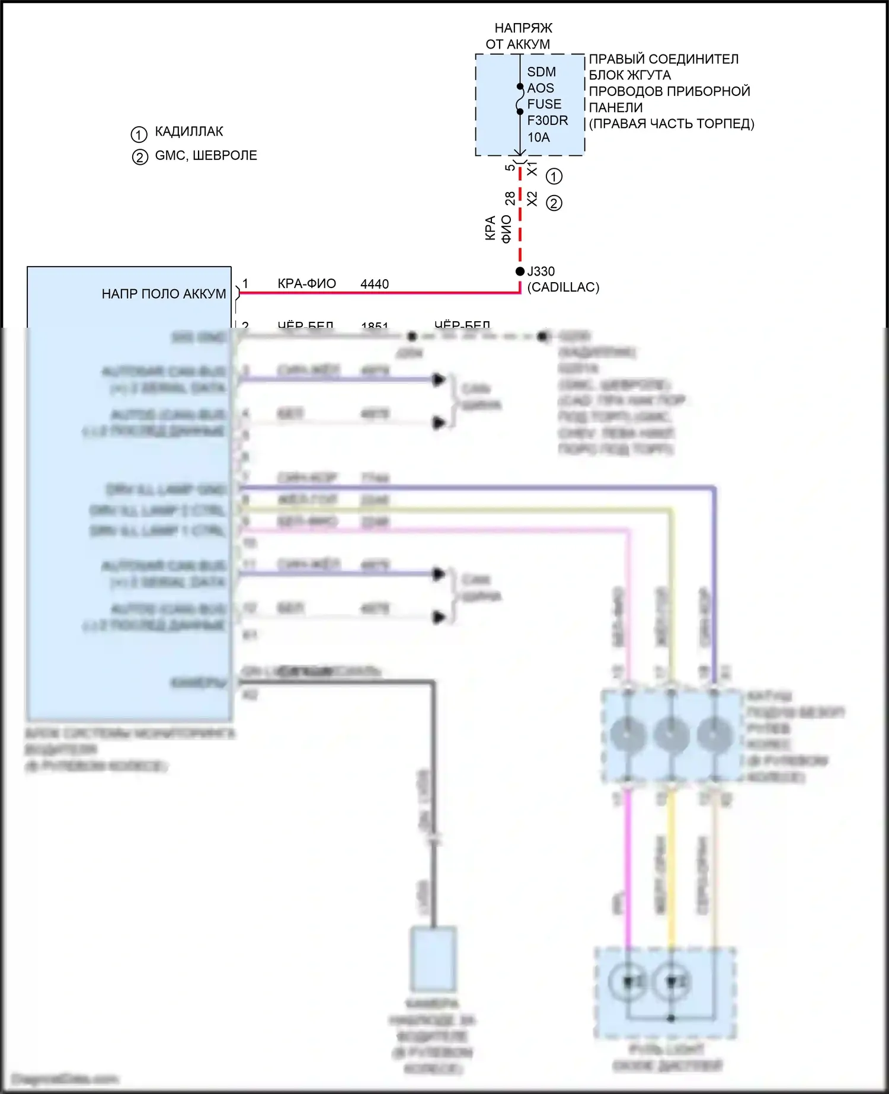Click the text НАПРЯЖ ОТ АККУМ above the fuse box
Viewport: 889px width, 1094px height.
(x=519, y=36)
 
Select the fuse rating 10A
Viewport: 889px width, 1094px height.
(x=538, y=137)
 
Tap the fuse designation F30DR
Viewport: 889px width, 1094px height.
(x=547, y=121)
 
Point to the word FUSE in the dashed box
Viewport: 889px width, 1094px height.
(x=544, y=104)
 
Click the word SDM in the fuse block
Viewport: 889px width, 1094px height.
(x=541, y=72)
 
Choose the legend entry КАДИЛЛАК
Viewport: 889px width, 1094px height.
(x=189, y=132)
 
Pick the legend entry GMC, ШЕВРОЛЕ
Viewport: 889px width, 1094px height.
(x=206, y=156)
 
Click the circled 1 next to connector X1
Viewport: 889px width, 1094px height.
(x=554, y=177)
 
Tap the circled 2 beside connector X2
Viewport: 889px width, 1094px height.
(x=554, y=203)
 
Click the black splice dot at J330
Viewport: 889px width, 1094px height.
(x=520, y=271)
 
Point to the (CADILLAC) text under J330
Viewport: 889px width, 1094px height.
(x=563, y=287)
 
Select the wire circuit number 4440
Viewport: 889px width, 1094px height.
(x=375, y=284)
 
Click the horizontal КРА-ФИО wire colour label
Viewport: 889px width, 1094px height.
(x=306, y=284)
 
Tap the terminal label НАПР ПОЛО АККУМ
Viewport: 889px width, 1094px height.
(x=164, y=294)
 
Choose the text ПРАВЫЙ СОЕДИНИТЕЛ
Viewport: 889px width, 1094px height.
(x=663, y=59)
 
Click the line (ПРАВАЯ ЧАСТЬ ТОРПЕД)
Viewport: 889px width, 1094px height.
(x=671, y=124)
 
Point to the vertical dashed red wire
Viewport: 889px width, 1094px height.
(x=520, y=225)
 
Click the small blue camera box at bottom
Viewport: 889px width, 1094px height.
(x=434, y=959)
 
